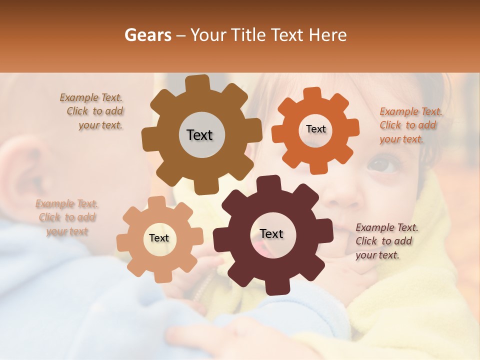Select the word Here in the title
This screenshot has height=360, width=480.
pos(328,35)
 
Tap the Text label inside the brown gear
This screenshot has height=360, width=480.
pos(199,135)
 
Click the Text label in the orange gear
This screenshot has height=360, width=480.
pos(315,129)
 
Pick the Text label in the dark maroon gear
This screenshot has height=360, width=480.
pos(271,233)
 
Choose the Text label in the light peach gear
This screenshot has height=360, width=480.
pos(159,238)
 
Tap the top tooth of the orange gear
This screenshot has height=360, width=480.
pos(312,94)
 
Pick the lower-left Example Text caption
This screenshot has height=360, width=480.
pos(67,217)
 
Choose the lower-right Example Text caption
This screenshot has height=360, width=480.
pos(385,241)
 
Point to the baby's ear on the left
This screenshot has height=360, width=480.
pos(22,170)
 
